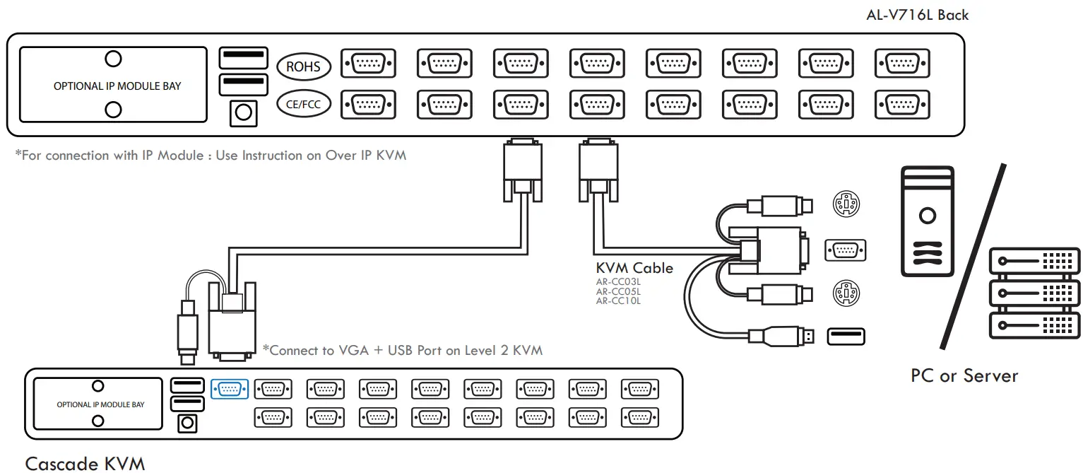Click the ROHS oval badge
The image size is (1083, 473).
[303, 67]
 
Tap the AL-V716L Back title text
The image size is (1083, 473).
[917, 15]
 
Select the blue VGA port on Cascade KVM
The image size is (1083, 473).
[230, 389]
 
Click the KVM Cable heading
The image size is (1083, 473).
[634, 268]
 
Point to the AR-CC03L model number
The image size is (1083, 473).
[618, 281]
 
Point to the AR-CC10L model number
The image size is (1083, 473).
[618, 300]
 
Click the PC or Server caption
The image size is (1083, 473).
[964, 375]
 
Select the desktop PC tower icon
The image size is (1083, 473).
[927, 221]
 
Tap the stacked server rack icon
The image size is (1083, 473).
[1035, 292]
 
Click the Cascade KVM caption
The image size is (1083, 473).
[85, 463]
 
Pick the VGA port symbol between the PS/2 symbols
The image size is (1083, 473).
[846, 250]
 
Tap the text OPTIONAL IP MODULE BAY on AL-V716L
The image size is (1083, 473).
[117, 86]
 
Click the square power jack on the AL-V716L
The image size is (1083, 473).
[243, 112]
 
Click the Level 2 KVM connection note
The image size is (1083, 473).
[402, 350]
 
